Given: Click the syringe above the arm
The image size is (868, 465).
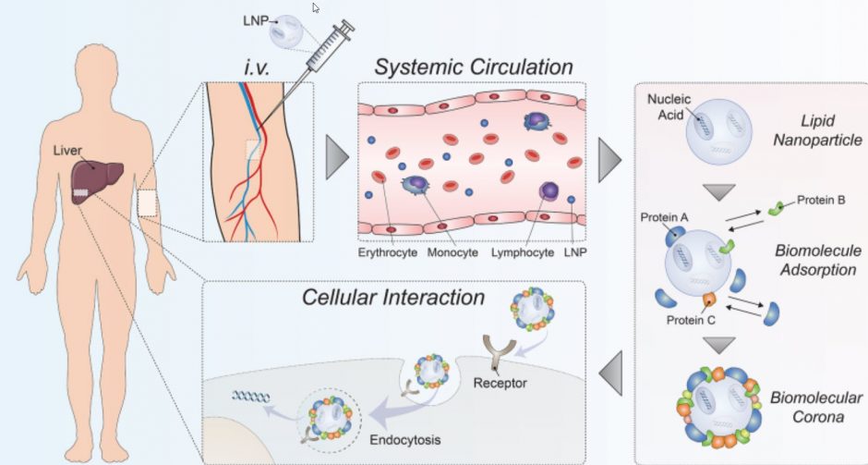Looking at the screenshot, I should [324, 51].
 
